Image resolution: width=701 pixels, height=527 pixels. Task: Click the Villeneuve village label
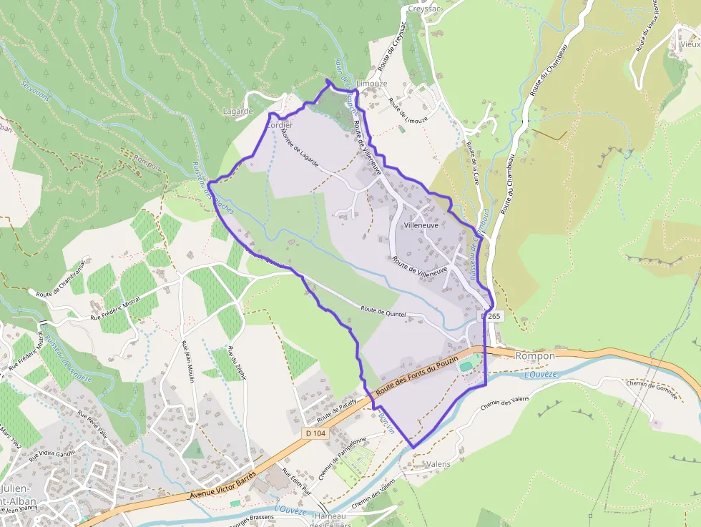coord(421,225)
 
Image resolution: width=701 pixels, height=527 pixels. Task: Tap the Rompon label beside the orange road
coord(534,356)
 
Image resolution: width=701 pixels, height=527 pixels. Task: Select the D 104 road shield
coord(315,433)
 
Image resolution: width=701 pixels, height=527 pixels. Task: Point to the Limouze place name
coord(372,84)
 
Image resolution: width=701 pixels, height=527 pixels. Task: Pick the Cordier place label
coord(280,124)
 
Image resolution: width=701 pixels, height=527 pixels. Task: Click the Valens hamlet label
coord(437,464)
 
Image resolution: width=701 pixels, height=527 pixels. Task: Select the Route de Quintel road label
coord(383,312)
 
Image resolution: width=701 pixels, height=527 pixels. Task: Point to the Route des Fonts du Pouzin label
coord(417,373)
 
